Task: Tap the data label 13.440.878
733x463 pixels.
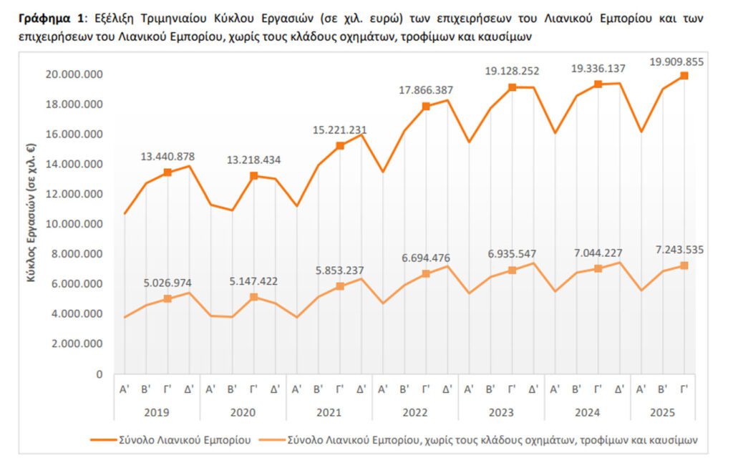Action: (x=168, y=157)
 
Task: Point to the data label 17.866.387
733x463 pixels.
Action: (x=426, y=90)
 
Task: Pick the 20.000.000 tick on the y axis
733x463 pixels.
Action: (x=74, y=74)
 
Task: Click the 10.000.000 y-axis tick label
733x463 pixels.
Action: (x=74, y=224)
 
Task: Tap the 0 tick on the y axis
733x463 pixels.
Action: (x=99, y=374)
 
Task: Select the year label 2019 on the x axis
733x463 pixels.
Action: (x=157, y=412)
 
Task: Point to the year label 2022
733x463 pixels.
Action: (x=415, y=412)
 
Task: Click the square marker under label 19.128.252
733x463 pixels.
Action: (x=512, y=87)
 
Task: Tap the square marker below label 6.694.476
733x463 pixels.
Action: (x=426, y=273)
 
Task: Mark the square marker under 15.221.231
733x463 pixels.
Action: (x=340, y=146)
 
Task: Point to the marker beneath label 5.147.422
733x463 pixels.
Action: (x=253, y=296)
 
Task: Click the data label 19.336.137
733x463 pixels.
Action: (x=598, y=69)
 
